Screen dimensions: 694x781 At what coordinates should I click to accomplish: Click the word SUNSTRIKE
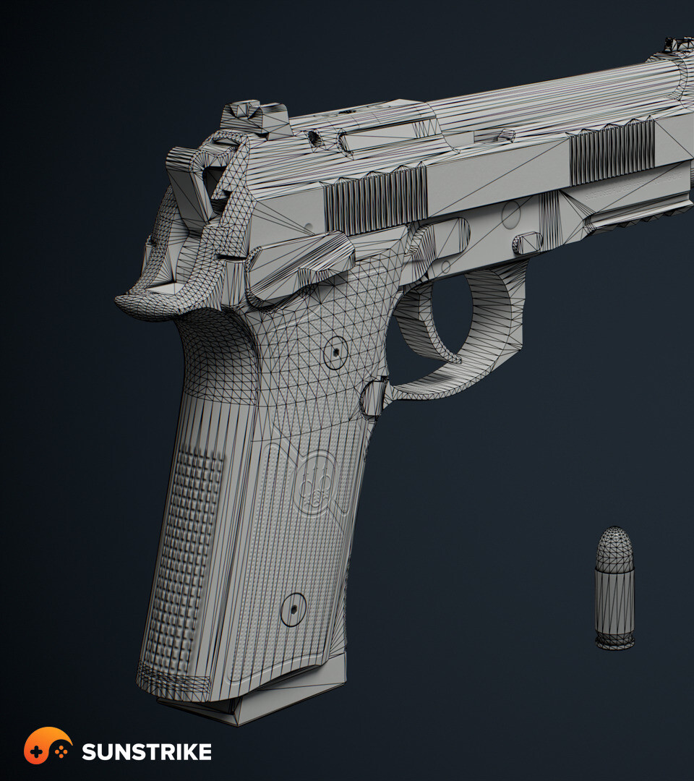146,751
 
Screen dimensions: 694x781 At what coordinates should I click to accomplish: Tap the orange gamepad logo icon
48,745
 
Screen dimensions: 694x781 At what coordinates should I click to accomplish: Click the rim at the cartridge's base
615,643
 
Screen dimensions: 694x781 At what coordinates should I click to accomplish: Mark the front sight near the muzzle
677,45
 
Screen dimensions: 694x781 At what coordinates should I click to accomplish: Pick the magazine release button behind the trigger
373,398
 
